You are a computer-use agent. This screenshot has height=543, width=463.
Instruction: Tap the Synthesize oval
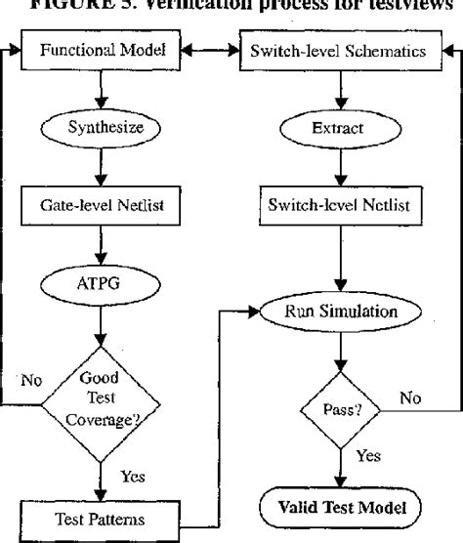point(101,127)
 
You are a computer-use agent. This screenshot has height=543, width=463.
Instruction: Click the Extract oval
point(337,127)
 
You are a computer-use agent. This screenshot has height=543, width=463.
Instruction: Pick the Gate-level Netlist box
point(101,206)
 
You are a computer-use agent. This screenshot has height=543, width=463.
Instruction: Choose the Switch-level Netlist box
point(337,206)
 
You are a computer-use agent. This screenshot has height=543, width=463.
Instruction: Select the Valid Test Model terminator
point(337,508)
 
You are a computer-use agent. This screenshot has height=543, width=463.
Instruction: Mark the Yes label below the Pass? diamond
point(367,454)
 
